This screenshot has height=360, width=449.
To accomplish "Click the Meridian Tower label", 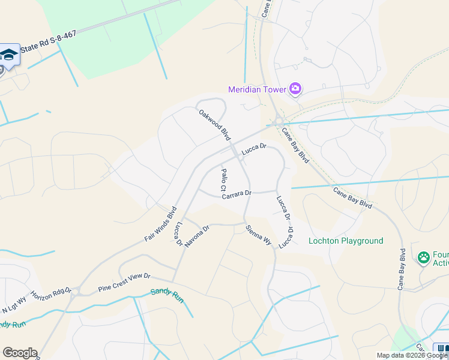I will tap(257, 90).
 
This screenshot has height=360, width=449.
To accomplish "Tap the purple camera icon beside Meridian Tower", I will tap(295, 89).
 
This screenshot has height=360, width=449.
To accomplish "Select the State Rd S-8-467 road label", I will tap(48, 44).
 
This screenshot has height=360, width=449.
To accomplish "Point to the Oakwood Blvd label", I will tap(214, 122).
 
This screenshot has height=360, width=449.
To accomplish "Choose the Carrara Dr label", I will tap(236, 194).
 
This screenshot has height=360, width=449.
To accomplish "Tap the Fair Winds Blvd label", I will tap(160, 224).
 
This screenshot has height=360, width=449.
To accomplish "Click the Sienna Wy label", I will tap(259, 233).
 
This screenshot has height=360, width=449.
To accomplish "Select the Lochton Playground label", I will tap(345, 241).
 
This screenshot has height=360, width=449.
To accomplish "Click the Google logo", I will tap(20, 353).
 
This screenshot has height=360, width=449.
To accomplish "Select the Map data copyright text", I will tap(412, 355).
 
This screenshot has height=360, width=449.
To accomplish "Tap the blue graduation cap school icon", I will tap(8, 54).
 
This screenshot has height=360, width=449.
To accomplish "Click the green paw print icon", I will tap(424, 257).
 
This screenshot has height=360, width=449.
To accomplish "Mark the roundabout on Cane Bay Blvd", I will tap(278, 122).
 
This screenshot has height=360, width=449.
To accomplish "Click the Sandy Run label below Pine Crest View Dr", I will tap(166, 295).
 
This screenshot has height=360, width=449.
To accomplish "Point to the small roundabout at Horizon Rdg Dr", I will tap(74, 294).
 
